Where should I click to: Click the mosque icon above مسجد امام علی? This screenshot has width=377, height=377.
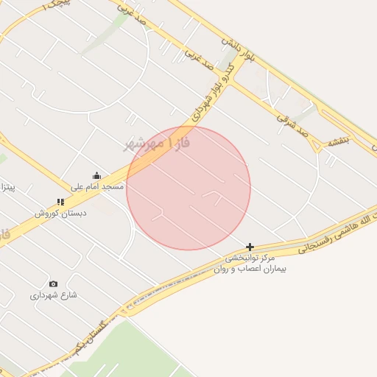pos(96,175)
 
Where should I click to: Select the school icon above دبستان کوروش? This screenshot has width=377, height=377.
pos(60,202)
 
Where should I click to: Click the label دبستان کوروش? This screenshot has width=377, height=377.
pos(60,214)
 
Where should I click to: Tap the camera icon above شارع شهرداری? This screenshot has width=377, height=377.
pos(53,283)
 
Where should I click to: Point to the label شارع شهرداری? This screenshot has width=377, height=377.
pos(53,295)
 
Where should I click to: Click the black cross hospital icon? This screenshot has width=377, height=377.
pos(250,247)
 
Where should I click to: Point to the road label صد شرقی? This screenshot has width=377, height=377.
pos(292,124)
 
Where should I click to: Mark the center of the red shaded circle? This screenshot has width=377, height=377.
pos(188,188)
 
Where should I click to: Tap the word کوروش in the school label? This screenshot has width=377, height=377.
pos(48,214)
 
